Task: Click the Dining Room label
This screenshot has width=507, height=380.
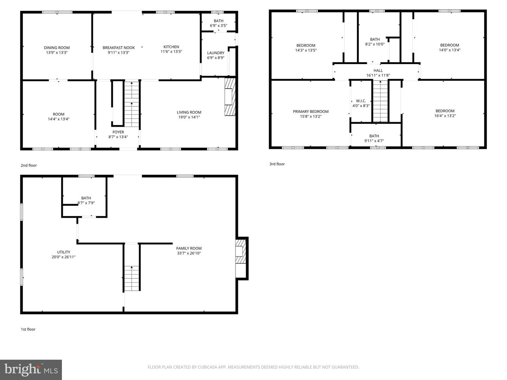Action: [57, 47]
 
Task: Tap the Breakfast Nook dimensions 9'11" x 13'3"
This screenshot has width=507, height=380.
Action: [119, 52]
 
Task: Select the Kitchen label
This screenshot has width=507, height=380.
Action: [171, 47]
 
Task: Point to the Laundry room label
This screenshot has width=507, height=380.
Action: [215, 53]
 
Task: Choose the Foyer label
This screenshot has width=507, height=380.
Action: [118, 132]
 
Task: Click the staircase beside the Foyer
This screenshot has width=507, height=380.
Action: [132, 104]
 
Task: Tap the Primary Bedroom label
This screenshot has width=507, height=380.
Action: [311, 112]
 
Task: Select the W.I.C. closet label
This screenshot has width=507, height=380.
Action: [361, 101]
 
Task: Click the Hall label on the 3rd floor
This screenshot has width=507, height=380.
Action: [378, 70]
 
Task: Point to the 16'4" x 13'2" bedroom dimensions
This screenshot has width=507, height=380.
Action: [445, 116]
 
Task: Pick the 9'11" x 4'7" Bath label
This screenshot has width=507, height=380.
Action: [374, 136]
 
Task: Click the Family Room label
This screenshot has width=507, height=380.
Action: [189, 248]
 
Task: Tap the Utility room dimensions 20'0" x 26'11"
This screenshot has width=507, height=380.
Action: [63, 257]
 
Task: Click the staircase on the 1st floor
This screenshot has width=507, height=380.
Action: [132, 278]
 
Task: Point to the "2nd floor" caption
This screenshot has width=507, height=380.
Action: [29, 165]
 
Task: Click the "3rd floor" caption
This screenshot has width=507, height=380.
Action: [277, 164]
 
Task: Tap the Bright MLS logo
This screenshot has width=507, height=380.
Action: [31, 370]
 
